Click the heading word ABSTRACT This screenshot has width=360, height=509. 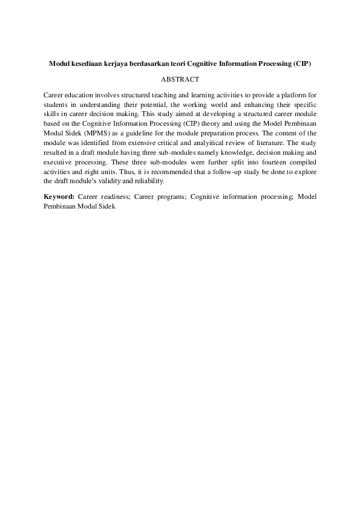point(180,79)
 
